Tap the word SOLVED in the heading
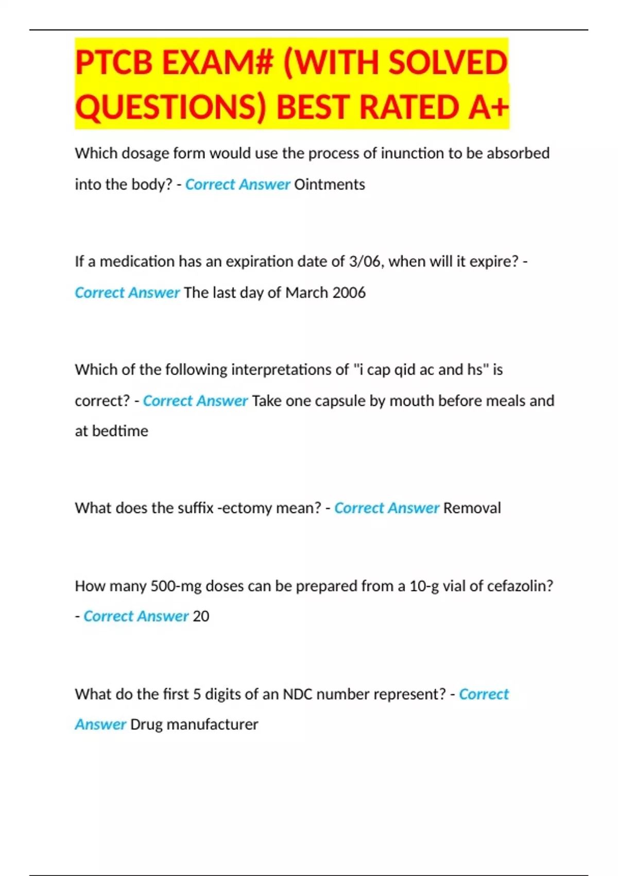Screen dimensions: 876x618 click(x=448, y=63)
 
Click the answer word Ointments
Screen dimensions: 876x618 click(x=330, y=184)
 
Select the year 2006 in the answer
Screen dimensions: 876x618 click(x=349, y=293)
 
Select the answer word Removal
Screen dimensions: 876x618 click(x=472, y=509)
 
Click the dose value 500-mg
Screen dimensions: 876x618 click(x=176, y=586)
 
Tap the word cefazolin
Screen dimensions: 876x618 click(x=520, y=586)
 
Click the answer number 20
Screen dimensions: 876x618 click(x=201, y=616)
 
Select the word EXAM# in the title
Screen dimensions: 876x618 click(x=217, y=63)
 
